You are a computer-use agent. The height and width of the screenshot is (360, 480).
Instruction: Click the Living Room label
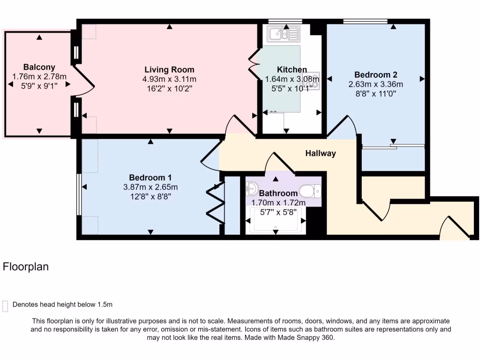click(x=169, y=70)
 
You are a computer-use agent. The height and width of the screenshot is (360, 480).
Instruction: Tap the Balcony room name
click(x=39, y=67)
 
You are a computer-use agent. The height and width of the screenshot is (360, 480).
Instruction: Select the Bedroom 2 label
click(x=375, y=75)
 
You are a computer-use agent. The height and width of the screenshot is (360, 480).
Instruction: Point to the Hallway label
click(x=321, y=153)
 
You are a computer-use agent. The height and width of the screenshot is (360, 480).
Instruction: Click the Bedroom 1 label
click(x=150, y=178)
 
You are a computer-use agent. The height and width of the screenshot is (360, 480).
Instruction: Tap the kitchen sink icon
click(x=283, y=34)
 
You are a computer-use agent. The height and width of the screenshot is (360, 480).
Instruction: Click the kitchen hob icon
click(x=314, y=81)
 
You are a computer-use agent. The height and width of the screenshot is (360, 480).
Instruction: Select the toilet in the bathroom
click(x=310, y=190)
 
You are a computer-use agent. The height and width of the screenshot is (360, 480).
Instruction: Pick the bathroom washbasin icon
click(x=251, y=189)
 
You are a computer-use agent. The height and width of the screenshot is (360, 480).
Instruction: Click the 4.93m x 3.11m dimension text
click(x=169, y=79)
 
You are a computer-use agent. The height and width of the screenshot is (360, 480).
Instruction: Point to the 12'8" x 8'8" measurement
click(x=150, y=197)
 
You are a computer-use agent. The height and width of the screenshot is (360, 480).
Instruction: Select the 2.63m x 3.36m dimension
click(x=375, y=84)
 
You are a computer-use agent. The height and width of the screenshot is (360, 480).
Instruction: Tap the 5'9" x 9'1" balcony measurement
click(x=39, y=85)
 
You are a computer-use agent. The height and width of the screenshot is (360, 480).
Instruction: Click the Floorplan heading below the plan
click(x=26, y=267)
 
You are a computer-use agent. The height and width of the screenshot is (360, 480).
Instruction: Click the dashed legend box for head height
click(x=6, y=306)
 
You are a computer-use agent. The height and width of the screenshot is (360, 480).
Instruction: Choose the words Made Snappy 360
click(x=306, y=337)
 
